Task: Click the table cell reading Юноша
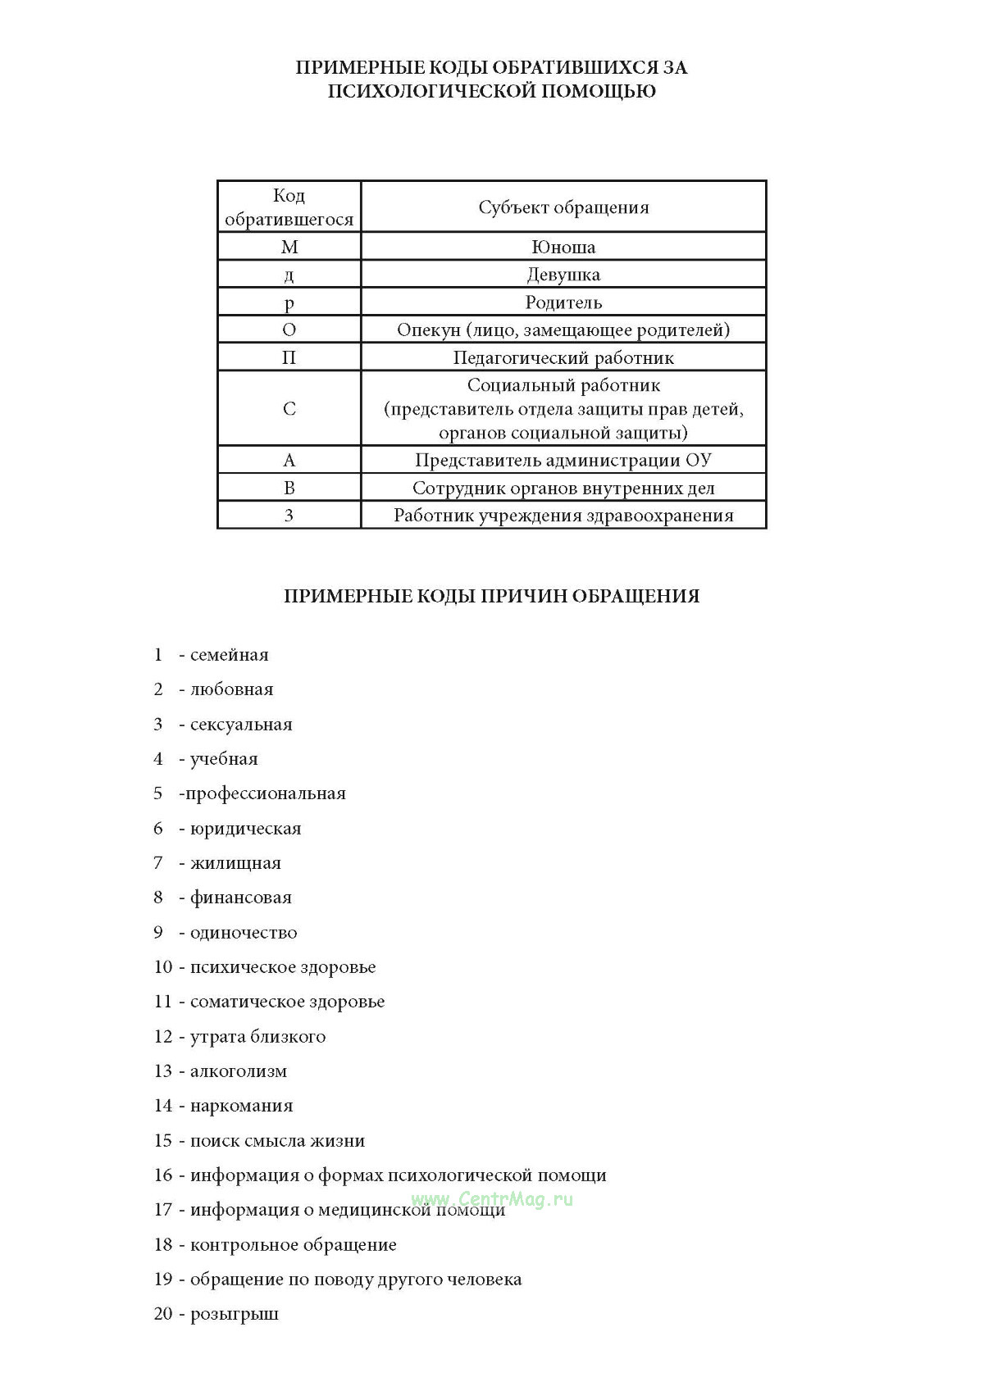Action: (x=563, y=247)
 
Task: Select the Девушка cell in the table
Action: (x=563, y=275)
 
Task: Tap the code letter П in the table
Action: (x=289, y=357)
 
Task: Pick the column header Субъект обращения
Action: (x=563, y=207)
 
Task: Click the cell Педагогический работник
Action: (x=563, y=357)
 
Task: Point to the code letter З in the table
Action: (x=289, y=516)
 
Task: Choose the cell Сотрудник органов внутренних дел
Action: (x=563, y=489)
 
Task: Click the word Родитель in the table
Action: (x=563, y=302)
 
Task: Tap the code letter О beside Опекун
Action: (x=289, y=330)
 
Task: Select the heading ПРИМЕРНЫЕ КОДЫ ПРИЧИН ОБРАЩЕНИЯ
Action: (x=491, y=596)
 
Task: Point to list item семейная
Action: (x=229, y=655)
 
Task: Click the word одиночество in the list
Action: (x=244, y=933)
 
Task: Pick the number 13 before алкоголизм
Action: (x=162, y=1071)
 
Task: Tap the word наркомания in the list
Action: (x=241, y=1106)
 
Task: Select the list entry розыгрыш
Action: (x=235, y=1314)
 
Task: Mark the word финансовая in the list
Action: (x=240, y=898)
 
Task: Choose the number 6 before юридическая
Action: (x=158, y=829)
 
